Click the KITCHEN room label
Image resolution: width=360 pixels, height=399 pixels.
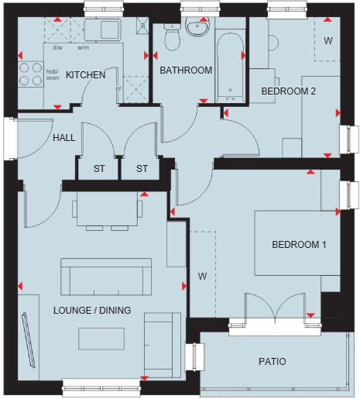click(x=86, y=75)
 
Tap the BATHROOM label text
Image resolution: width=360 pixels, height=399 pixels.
click(x=186, y=71)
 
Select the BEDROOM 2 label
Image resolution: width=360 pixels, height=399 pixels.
click(x=289, y=91)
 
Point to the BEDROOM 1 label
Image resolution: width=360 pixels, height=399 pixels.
click(x=299, y=244)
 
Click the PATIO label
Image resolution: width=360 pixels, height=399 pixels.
click(x=273, y=362)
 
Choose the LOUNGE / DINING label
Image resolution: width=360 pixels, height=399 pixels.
click(x=92, y=310)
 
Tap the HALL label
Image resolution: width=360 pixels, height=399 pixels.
click(x=64, y=138)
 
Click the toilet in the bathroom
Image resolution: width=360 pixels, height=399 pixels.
click(x=172, y=37)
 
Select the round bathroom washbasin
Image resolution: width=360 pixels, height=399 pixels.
click(x=197, y=26)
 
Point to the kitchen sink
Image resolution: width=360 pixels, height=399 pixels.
click(x=103, y=29)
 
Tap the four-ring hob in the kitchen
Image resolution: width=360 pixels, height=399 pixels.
click(x=30, y=74)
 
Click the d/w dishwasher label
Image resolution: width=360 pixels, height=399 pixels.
click(x=57, y=47)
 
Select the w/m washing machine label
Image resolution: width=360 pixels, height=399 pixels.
click(x=84, y=47)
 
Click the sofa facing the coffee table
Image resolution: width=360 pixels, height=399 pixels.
click(x=106, y=277)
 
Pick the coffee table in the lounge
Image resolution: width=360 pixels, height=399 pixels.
click(x=101, y=339)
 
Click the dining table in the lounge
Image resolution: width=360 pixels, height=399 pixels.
click(x=107, y=209)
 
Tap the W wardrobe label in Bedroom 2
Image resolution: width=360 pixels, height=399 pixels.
click(x=328, y=40)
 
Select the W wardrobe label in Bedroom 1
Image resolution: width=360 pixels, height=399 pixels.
click(x=203, y=277)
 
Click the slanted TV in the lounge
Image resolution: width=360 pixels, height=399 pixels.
click(x=29, y=340)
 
